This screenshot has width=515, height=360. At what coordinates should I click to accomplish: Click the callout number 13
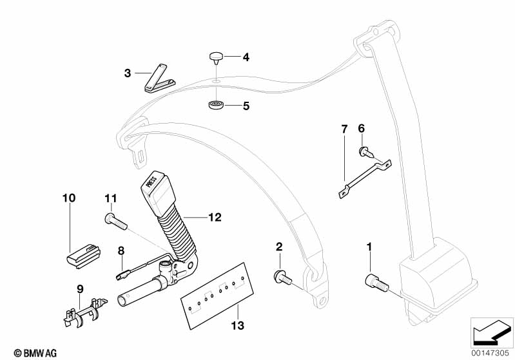pyautogui.click(x=237, y=327)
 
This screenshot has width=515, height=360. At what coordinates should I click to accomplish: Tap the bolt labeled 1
pyautogui.click(x=375, y=281)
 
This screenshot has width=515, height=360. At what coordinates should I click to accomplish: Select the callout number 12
pyautogui.click(x=215, y=218)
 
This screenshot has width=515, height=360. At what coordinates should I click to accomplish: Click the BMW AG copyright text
pyautogui.click(x=22, y=352)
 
